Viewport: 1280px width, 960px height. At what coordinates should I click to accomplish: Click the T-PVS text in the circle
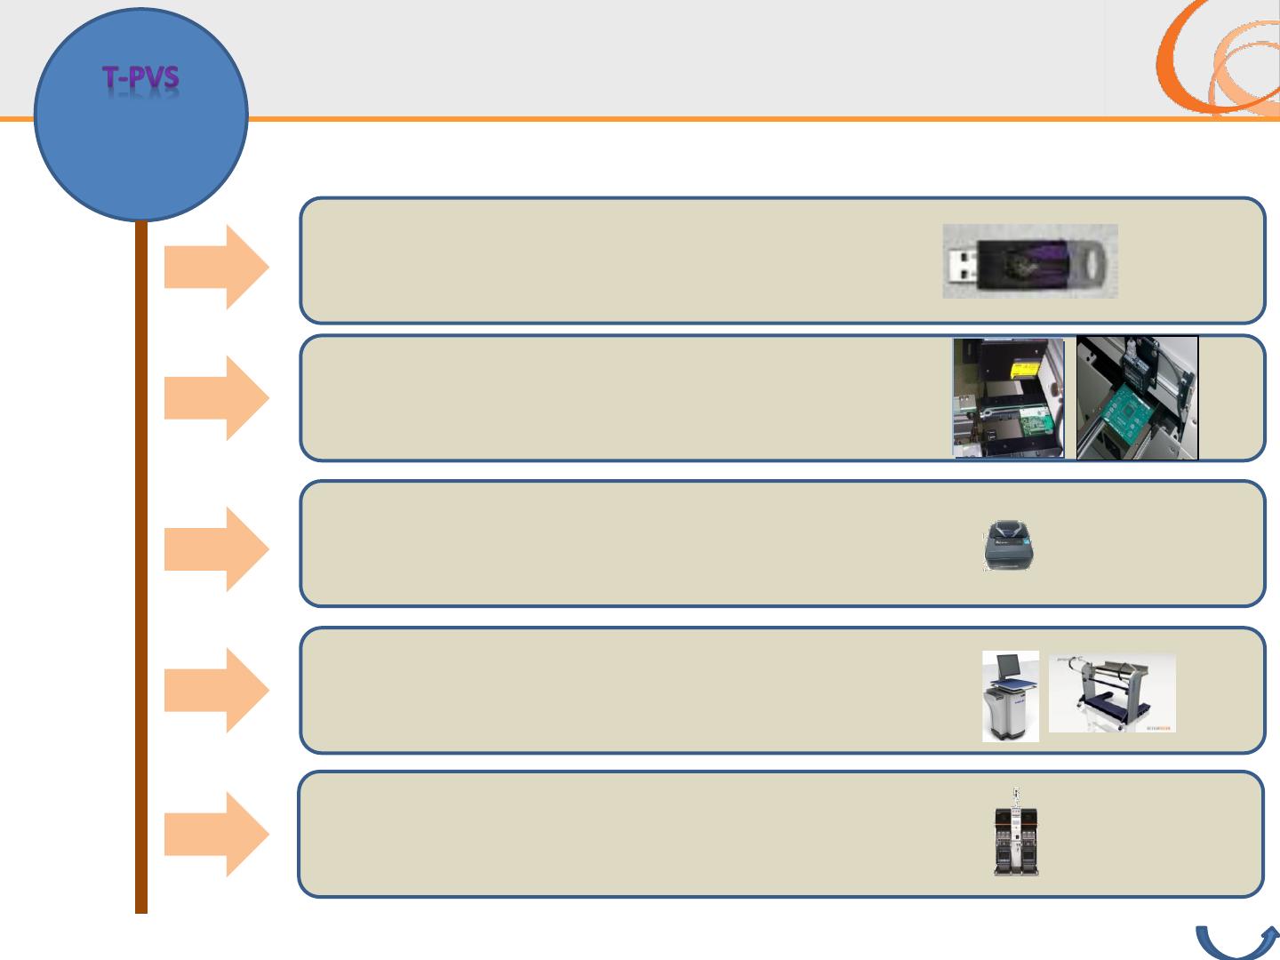click(140, 79)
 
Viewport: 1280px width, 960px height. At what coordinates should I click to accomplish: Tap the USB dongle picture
click(1029, 261)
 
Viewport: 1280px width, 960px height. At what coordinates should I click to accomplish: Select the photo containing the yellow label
click(1009, 397)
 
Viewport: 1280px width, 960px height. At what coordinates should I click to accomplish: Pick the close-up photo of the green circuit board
click(1137, 397)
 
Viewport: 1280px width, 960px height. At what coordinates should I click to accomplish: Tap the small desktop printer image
click(1009, 545)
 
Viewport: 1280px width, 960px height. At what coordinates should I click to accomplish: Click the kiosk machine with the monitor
click(1011, 696)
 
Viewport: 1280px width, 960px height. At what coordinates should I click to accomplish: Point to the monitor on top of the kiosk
click(1008, 666)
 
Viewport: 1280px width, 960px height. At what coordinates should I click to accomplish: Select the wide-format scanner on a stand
click(1112, 693)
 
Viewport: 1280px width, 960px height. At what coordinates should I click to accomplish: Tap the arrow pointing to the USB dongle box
click(216, 267)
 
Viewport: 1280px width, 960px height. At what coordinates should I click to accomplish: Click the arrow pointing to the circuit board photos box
click(216, 397)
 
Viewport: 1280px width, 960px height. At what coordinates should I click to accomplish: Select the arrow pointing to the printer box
click(216, 548)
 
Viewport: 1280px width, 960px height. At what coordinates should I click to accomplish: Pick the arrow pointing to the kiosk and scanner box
click(216, 690)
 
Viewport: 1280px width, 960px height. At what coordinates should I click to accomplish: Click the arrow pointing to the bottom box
click(216, 834)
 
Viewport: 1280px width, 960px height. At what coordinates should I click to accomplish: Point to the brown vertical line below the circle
click(140, 569)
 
